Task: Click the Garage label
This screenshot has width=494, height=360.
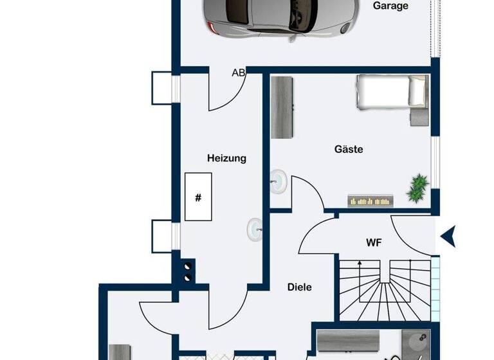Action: pos(390,6)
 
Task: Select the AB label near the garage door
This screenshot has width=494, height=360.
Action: pos(238,73)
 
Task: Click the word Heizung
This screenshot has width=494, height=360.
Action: pos(226,158)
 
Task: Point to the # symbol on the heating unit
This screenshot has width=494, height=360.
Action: pos(198,197)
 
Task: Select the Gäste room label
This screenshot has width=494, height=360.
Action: pos(349,149)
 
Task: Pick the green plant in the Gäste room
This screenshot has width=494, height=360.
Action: pos(418,186)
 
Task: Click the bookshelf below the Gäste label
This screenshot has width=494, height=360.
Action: pos(370,201)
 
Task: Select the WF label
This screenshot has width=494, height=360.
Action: pos(374,243)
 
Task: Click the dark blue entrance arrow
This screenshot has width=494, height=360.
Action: pos(448,237)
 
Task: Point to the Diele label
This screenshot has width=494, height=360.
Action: pos(299,287)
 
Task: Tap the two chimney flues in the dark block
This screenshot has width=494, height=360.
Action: pos(188,271)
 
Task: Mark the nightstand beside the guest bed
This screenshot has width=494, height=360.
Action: pos(419,117)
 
